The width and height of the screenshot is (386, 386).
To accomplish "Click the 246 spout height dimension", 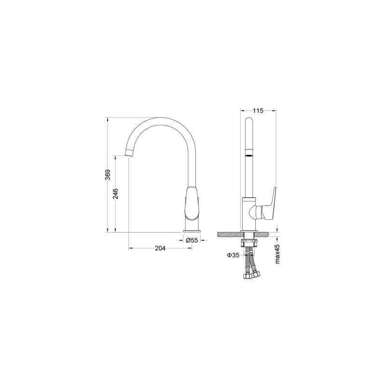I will [x=116, y=193].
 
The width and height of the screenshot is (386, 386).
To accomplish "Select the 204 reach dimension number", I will [x=160, y=248].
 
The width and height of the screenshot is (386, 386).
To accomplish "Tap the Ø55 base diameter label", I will [x=192, y=240].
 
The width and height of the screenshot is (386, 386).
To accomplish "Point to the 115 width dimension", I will [x=258, y=110].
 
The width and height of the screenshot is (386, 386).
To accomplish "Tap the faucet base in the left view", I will [x=192, y=226].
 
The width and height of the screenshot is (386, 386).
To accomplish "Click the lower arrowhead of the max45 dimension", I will [x=278, y=238].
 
